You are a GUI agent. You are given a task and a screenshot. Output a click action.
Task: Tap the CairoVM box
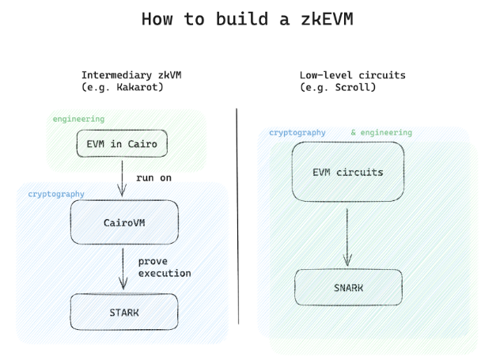[x=123, y=222]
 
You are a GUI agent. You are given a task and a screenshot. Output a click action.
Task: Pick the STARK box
[x=123, y=313]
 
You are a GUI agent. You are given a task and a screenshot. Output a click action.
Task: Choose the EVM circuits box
[x=347, y=172]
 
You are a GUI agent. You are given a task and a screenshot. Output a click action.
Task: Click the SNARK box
[x=348, y=287]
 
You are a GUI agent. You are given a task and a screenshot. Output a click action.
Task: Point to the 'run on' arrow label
[x=153, y=177]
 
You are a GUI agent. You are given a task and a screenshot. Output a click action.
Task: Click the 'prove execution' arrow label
[x=165, y=267]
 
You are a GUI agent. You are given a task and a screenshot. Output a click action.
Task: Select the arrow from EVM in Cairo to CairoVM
[x=122, y=177]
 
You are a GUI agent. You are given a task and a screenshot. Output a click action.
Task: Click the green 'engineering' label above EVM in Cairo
[x=78, y=119]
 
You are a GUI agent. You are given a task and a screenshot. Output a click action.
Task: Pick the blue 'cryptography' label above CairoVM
[x=56, y=193]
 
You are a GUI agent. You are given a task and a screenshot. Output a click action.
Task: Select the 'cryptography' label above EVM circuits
[x=297, y=133]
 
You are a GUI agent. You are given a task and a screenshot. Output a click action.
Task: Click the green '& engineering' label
[x=381, y=133]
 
